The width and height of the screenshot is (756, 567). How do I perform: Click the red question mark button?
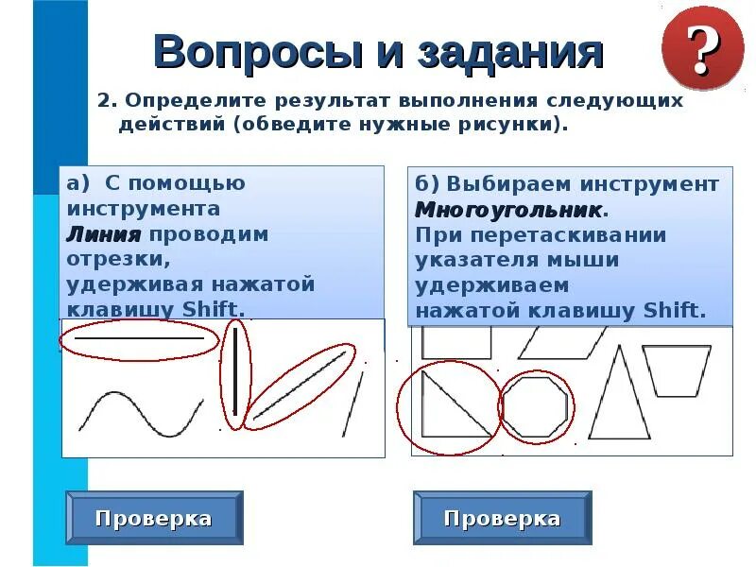[x=702, y=46]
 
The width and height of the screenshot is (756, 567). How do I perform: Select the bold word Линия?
[x=103, y=234]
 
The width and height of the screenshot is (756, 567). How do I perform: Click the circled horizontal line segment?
[x=139, y=337]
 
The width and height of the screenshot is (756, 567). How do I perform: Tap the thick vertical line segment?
[x=233, y=374]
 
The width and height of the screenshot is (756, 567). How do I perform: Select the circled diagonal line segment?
[x=299, y=387]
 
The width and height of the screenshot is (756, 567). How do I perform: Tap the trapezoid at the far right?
[x=676, y=369]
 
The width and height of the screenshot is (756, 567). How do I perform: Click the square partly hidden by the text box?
[x=456, y=342]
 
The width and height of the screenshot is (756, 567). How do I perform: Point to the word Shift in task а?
[x=215, y=310]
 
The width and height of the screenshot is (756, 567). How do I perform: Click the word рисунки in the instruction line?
[x=511, y=125]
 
